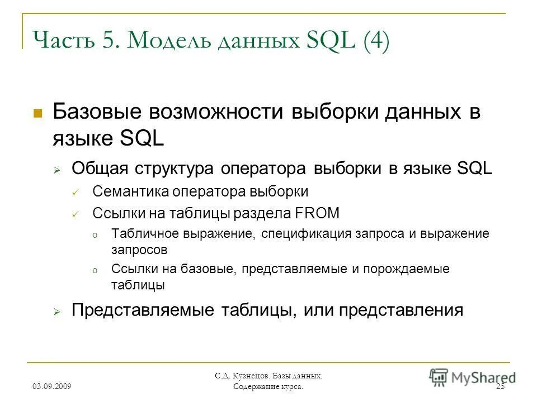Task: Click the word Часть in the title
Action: click(60, 42)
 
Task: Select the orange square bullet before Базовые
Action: click(38, 113)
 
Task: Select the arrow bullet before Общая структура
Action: click(57, 170)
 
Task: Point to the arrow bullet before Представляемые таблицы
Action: click(57, 311)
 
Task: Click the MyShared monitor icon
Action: click(439, 377)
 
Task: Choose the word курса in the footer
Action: click(291, 387)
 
